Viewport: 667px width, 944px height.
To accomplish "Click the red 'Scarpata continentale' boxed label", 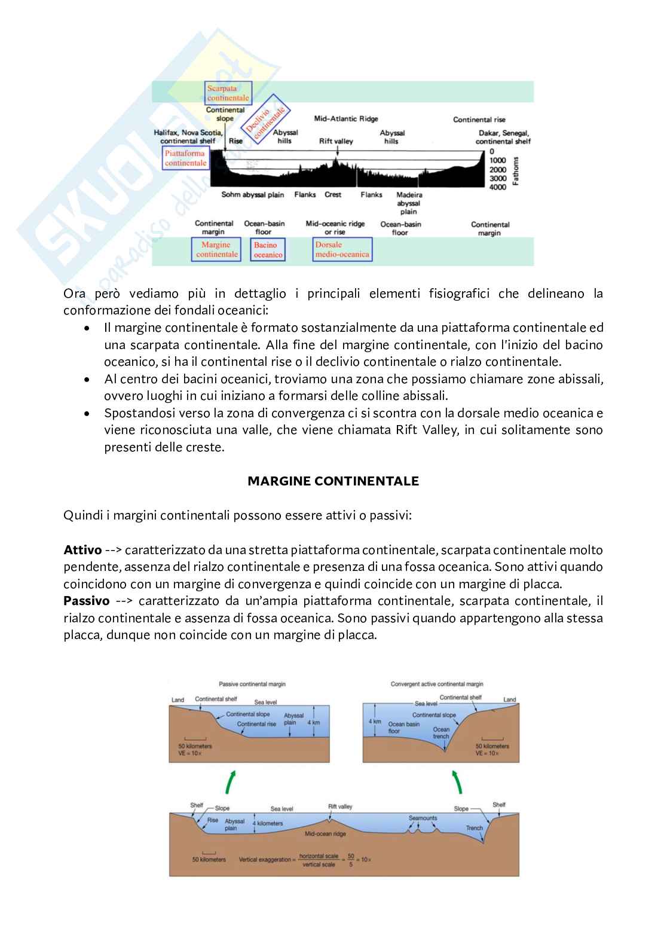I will pos(228,93).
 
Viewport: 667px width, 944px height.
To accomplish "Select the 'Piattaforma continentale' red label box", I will pos(186,158).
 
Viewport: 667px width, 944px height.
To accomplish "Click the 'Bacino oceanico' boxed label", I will pos(268,250).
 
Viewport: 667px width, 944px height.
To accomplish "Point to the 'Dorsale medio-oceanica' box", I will pos(342,249).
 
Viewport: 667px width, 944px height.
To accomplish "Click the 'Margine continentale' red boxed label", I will pos(216,249).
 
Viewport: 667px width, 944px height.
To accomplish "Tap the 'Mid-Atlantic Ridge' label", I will pos(346,119).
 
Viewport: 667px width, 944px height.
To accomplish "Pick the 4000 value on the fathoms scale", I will pos(497,187).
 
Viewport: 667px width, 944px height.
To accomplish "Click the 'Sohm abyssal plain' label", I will pos(253,195).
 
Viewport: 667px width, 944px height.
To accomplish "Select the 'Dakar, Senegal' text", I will pos(504,133).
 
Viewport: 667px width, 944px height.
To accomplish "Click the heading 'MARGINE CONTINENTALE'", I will pos(333,481).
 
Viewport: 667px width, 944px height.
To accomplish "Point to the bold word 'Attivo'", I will pos(82,550).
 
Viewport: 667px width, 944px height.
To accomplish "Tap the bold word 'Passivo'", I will pos(87,601).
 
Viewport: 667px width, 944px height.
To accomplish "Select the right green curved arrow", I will pos(457,781).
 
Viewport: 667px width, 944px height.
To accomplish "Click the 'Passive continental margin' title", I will pos(252,684).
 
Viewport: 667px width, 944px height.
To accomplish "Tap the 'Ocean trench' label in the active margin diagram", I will pos(441,733).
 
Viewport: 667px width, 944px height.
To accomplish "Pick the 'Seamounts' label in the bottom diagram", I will pos(423,818).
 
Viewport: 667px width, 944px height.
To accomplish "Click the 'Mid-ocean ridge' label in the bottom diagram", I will pos(325,833).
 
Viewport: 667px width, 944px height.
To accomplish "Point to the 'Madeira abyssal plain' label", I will pos(409,203).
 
